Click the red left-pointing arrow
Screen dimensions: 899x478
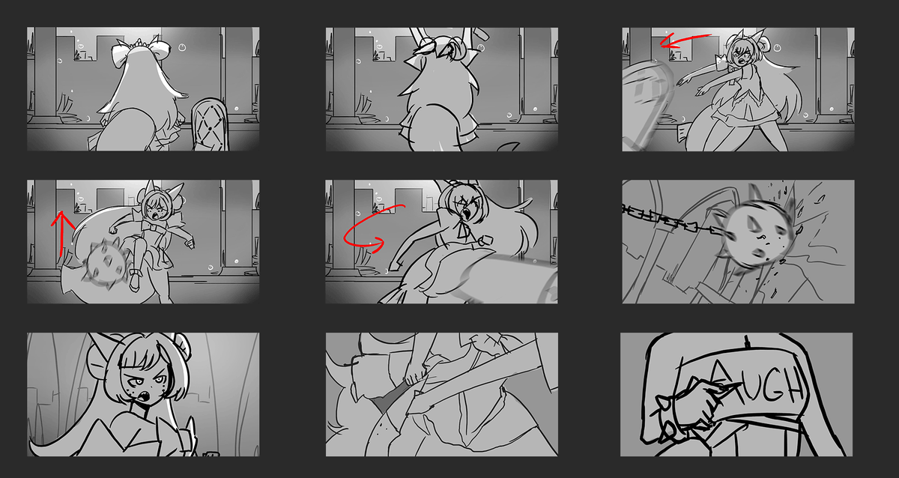coord(684,40)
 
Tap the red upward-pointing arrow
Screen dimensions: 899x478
coord(61,233)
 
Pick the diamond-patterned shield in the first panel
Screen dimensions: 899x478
coord(210,126)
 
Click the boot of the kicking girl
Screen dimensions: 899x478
coord(135,279)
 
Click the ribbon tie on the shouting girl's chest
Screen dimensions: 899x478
coord(464,232)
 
